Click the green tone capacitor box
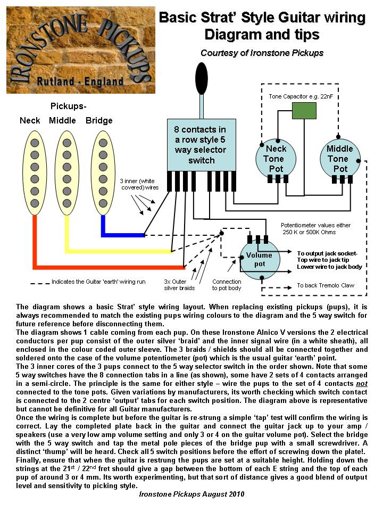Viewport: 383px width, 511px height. (304, 111)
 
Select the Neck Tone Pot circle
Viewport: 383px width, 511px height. (276, 159)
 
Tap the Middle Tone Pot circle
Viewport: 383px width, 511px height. (340, 159)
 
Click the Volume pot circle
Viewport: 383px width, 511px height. (260, 260)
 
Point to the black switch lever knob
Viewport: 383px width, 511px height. (201, 78)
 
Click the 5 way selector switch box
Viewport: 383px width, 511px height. (201, 145)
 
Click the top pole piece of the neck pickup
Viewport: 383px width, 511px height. (35, 143)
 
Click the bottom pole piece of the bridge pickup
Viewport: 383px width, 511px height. (103, 203)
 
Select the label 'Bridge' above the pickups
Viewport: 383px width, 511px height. (99, 121)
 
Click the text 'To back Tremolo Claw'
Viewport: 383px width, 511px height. (326, 285)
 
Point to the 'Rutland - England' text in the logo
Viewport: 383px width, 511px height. (80, 81)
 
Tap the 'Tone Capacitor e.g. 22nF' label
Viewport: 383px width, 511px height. (301, 96)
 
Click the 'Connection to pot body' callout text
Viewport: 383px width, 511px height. (227, 285)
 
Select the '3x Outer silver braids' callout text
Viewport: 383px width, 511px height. (179, 285)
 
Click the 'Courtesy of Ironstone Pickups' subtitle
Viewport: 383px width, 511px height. (262, 53)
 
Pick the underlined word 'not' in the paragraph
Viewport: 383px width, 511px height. (362, 384)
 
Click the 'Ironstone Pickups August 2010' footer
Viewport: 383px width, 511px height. (191, 494)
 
